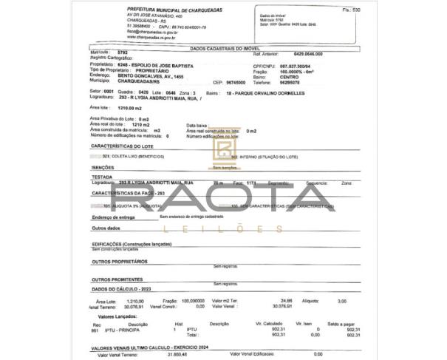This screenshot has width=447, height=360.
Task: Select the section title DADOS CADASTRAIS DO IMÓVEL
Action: [223, 47]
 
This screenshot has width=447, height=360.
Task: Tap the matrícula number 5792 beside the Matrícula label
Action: [123, 53]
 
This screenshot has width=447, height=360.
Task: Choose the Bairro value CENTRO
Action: [291, 77]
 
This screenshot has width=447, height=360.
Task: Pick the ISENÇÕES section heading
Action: [103, 168]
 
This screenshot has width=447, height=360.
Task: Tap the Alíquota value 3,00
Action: [342, 301]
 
